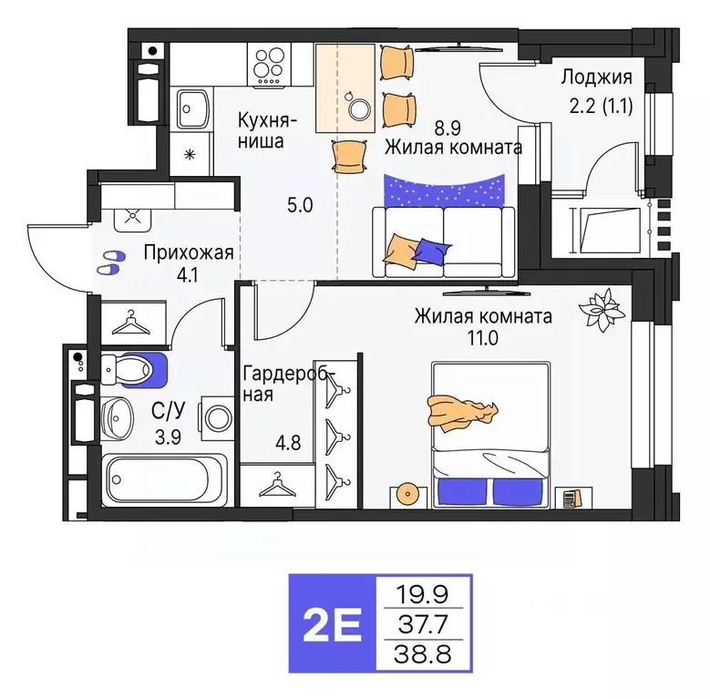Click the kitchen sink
tap(193, 110)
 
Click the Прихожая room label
tap(189, 252)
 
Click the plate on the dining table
tap(359, 108)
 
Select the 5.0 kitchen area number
tap(300, 204)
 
